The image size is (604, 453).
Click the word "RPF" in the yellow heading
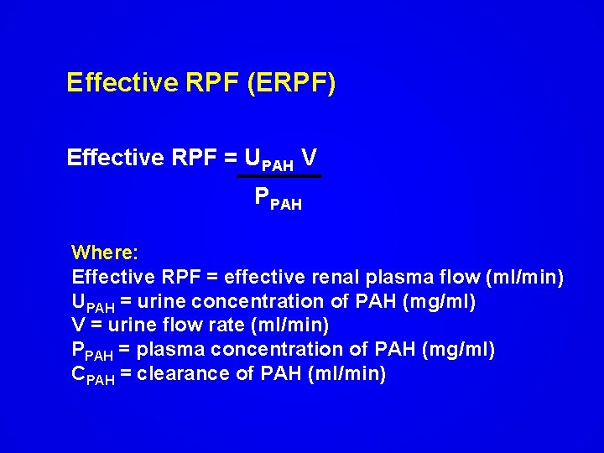pos(209,84)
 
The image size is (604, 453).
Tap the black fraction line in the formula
pos(279,176)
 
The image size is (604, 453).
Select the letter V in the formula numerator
pos(309,157)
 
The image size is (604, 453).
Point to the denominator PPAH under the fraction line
pos(278,198)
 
